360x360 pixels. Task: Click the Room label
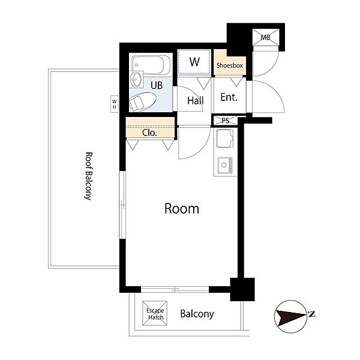point(182,209)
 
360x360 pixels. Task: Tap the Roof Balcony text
point(88,176)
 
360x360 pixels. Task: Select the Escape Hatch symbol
point(155,313)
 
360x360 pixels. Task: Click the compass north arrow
point(291,316)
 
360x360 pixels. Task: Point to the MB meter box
point(266,37)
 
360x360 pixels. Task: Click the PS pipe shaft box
point(226,121)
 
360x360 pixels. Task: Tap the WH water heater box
point(115,104)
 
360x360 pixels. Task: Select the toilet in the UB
point(143,101)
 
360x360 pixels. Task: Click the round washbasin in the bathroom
point(136,79)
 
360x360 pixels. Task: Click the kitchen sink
point(224,138)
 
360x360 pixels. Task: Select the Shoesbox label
point(230,65)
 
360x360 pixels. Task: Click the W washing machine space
point(194,62)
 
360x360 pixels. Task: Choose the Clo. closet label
point(149,133)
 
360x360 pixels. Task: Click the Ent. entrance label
point(229,97)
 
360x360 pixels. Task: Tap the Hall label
point(196,101)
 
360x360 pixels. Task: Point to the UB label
point(157,85)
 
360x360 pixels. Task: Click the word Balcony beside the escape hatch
point(197,314)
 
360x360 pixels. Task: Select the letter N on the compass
point(311,314)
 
